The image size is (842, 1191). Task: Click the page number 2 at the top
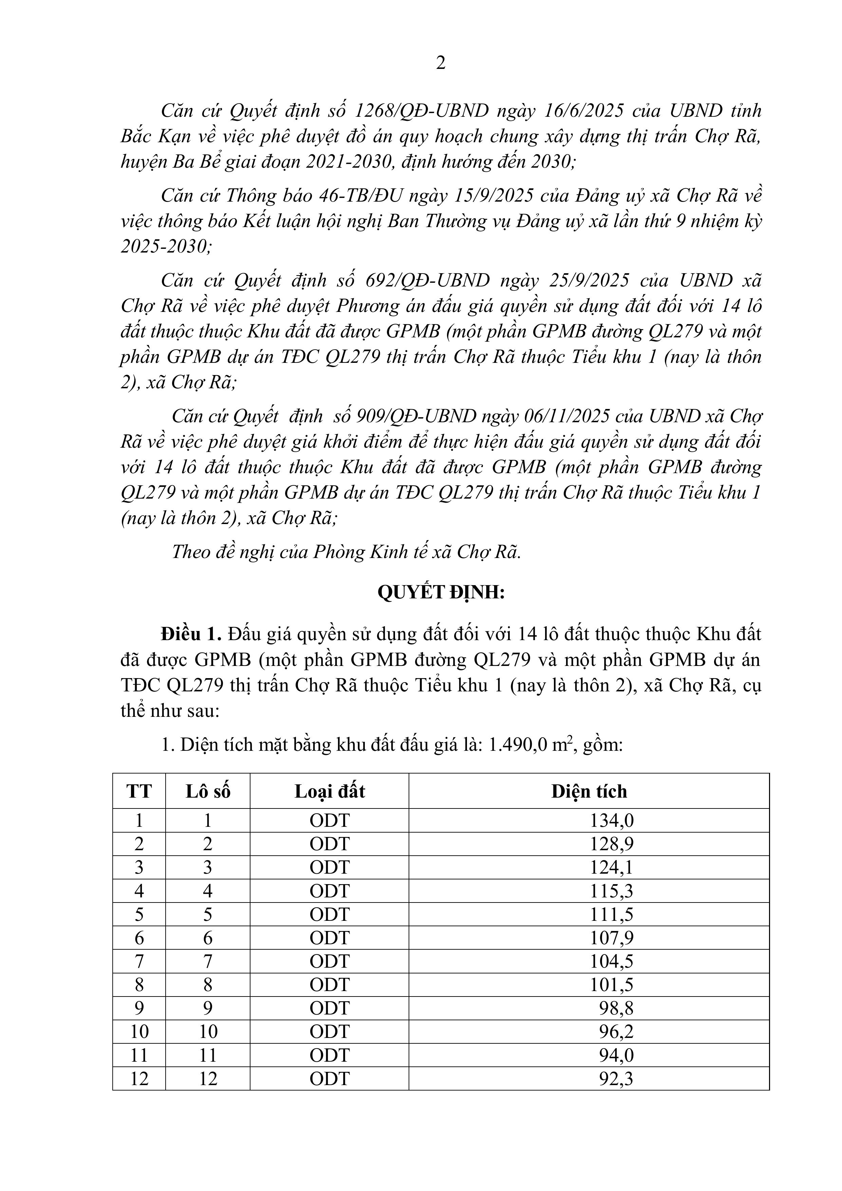pos(441,63)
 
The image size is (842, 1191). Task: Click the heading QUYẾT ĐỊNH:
pos(441,592)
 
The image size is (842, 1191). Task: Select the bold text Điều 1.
pos(191,634)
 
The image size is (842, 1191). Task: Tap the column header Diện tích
pos(589,792)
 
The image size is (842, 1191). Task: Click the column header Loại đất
pos(330,792)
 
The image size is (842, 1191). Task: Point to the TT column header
pos(139,792)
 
